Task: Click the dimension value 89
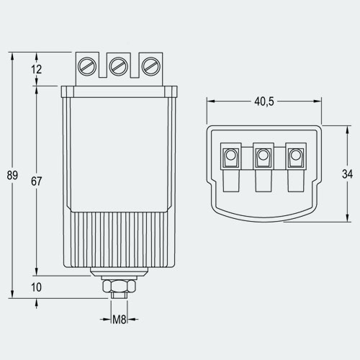pos(12,175)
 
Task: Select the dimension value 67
pos(37,181)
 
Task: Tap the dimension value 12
pos(37,69)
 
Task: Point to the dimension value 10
pos(37,287)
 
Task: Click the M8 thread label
pos(120,318)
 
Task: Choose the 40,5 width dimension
pos(264,102)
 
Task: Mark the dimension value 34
pos(346,174)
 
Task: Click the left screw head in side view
pos(86,66)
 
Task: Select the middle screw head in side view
pos(119,66)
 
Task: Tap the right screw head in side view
pos(150,66)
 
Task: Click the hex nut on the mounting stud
pos(119,287)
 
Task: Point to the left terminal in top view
pos(231,156)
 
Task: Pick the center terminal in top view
pos(263,156)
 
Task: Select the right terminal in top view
pos(294,156)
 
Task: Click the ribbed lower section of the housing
pos(119,241)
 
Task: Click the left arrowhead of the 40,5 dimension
pos(210,102)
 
